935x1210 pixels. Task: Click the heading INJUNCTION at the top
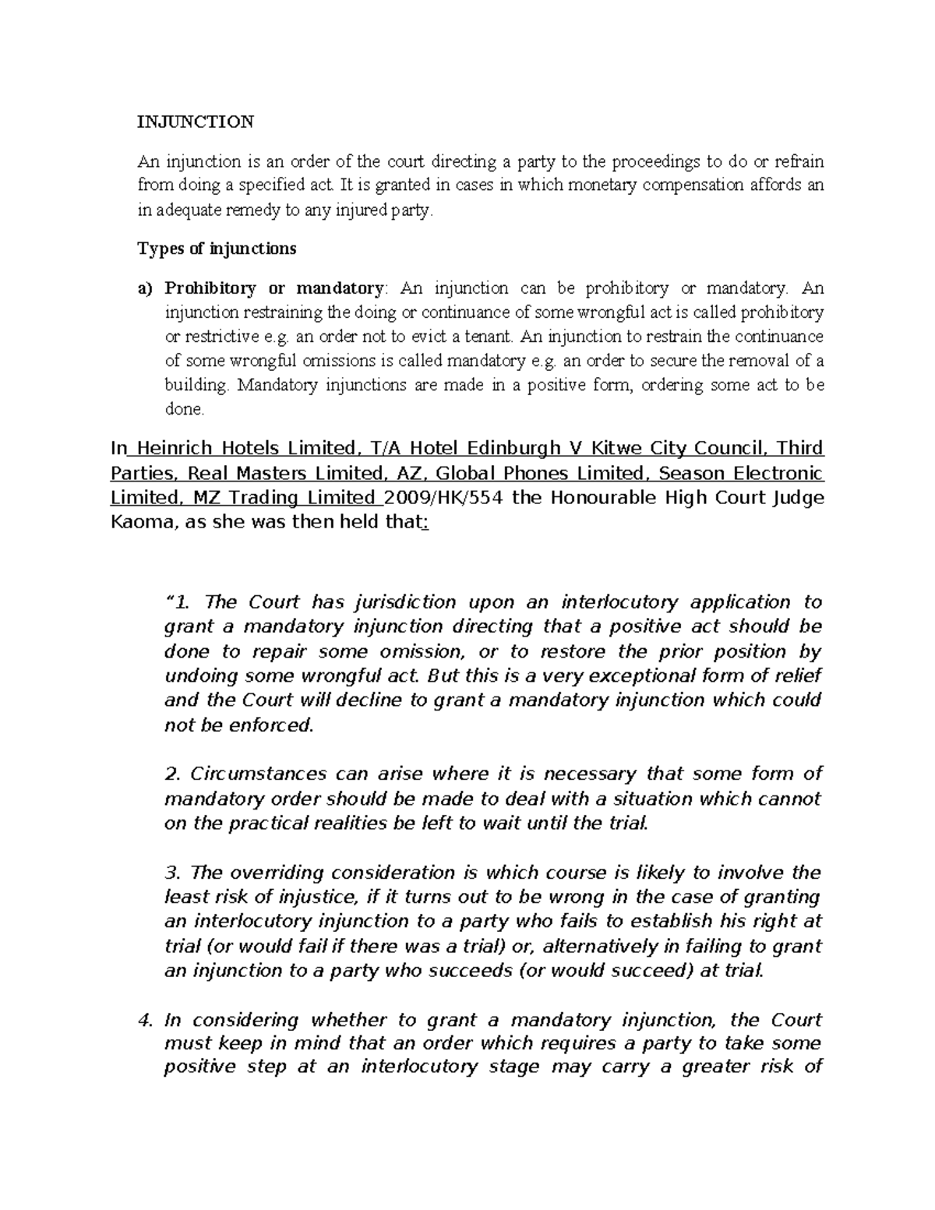coord(196,122)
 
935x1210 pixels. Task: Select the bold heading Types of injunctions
coord(217,249)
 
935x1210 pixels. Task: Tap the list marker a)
coord(146,289)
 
